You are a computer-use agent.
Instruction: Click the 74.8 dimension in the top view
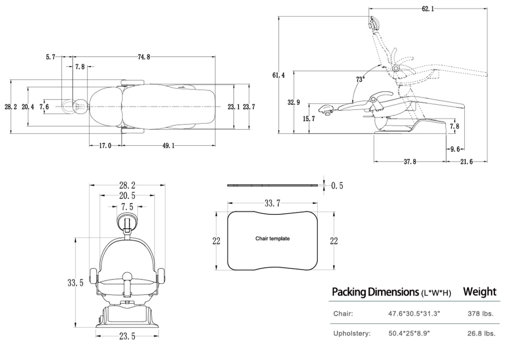point(144,57)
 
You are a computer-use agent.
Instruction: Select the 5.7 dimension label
point(50,57)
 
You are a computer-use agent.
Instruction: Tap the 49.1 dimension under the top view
point(168,146)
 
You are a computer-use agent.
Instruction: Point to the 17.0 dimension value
point(105,146)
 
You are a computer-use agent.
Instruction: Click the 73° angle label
point(360,79)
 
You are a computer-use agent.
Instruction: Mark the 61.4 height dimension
point(279,75)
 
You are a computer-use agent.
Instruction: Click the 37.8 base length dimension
point(410,162)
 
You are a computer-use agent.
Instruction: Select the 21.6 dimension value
point(467,162)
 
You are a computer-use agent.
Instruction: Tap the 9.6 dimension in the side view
point(456,149)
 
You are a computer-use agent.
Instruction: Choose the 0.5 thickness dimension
point(337,186)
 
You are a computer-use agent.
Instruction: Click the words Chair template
point(272,239)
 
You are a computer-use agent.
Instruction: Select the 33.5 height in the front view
point(75,282)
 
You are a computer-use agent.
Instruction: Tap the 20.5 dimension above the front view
point(127,196)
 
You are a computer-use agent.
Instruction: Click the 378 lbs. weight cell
point(480,314)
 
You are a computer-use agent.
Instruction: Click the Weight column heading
point(480,291)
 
